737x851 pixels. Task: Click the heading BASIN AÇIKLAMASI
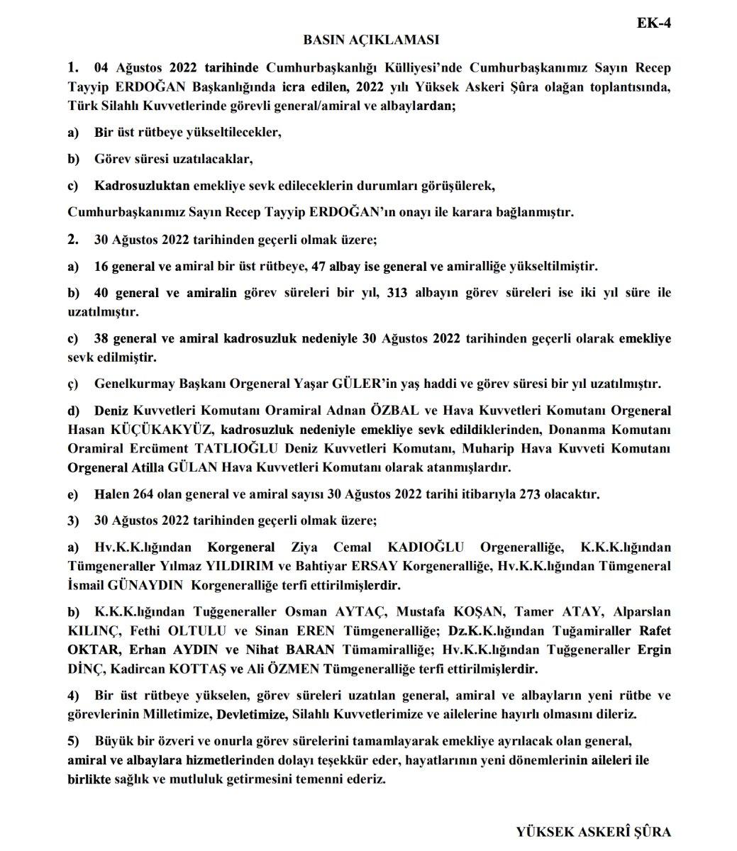pyautogui.click(x=371, y=40)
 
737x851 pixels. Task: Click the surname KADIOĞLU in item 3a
pyautogui.click(x=428, y=548)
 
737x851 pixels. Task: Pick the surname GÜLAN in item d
pyautogui.click(x=192, y=468)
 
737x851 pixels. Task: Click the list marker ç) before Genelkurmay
pyautogui.click(x=73, y=384)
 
